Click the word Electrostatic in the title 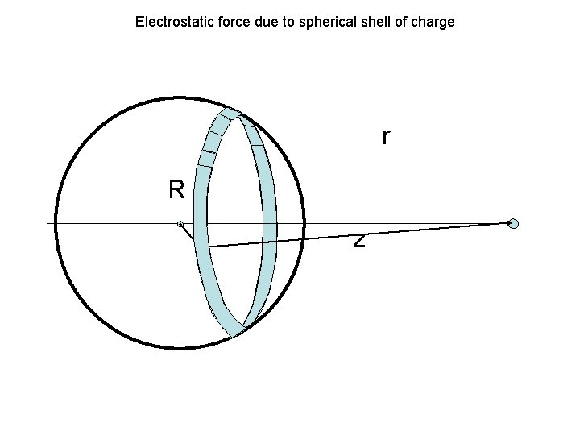pyautogui.click(x=168, y=22)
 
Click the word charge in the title pyautogui.click(x=433, y=22)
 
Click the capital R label pyautogui.click(x=176, y=190)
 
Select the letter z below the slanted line pyautogui.click(x=359, y=241)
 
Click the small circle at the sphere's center pyautogui.click(x=180, y=223)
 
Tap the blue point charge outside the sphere pyautogui.click(x=513, y=223)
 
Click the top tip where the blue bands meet pyautogui.click(x=231, y=112)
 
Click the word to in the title pyautogui.click(x=275, y=22)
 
